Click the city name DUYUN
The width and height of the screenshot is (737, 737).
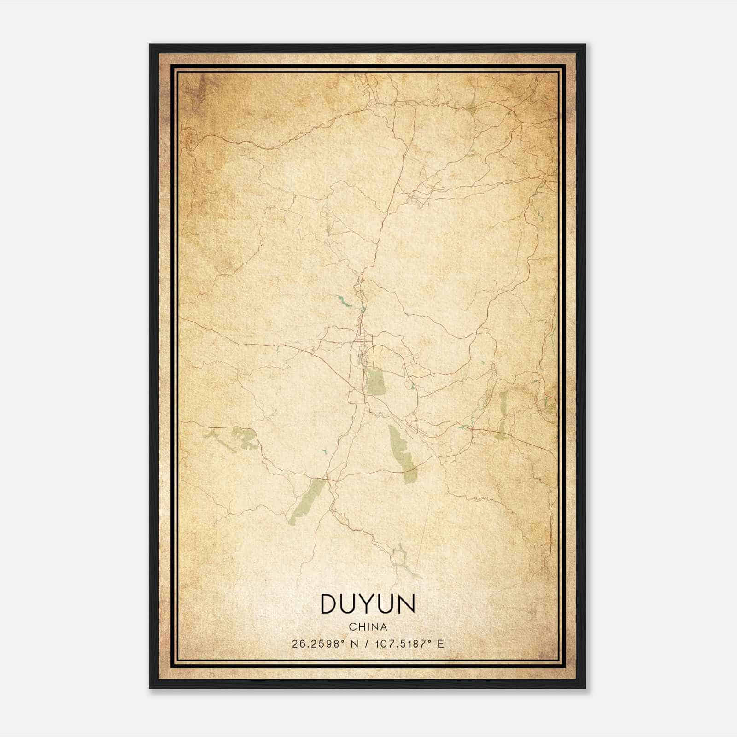pos(368,604)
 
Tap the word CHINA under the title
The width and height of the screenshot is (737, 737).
pos(368,627)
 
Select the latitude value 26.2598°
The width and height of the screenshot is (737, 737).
pos(318,644)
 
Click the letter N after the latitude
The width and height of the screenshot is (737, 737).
pos(354,644)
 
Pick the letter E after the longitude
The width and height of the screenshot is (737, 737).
pos(441,644)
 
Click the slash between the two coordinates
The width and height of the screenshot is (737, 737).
pos(367,644)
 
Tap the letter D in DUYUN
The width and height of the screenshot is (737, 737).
pos(330,604)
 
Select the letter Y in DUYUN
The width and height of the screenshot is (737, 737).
pos(368,604)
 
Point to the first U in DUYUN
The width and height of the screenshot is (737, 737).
pos(350,604)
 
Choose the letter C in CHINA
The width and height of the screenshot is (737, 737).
pos(352,627)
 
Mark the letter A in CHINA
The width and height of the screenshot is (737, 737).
pos(383,627)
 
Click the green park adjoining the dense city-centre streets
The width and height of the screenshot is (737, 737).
pos(376,381)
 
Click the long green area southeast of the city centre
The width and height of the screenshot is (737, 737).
pos(402,451)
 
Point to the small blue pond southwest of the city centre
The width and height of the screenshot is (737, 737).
pos(324,450)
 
